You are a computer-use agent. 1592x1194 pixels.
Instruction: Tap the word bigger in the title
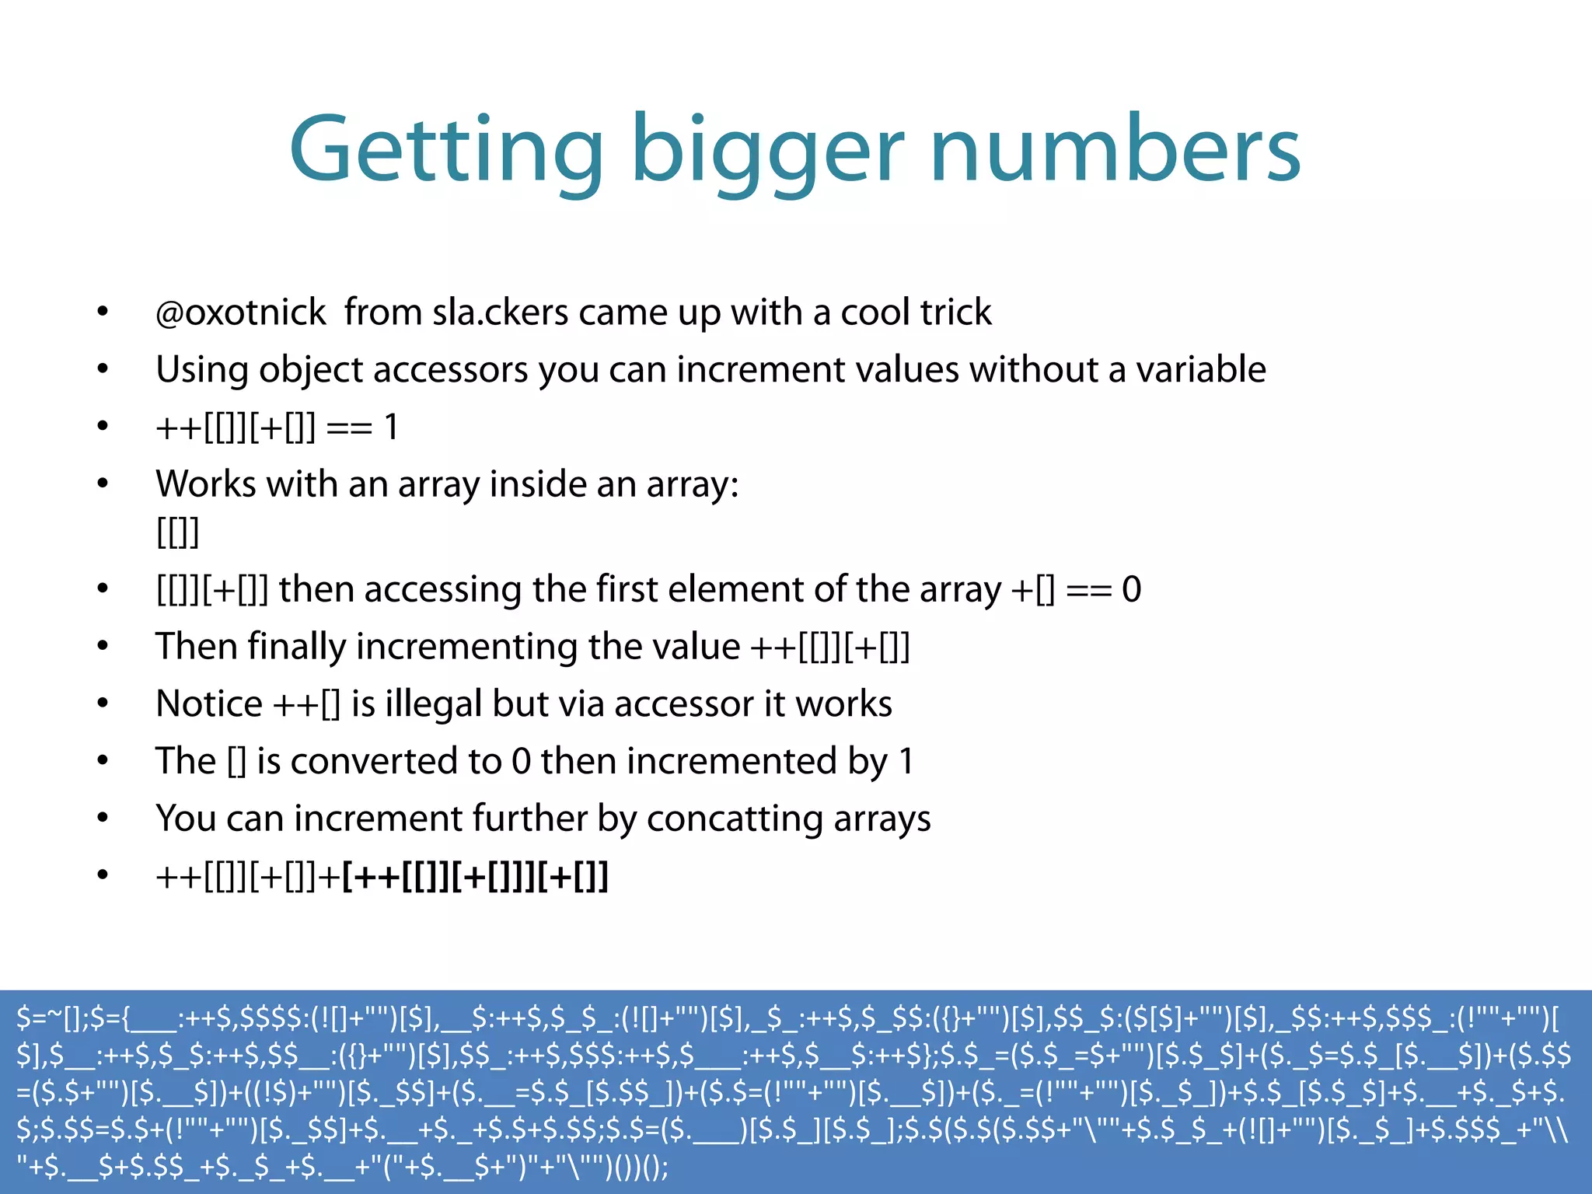pyautogui.click(x=768, y=150)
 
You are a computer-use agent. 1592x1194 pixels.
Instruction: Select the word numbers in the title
pyautogui.click(x=1115, y=150)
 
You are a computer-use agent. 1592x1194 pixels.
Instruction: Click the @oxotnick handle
pyautogui.click(x=240, y=312)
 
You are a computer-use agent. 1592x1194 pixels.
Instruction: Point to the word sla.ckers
pyautogui.click(x=501, y=312)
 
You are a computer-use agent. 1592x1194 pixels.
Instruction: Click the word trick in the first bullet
pyautogui.click(x=955, y=312)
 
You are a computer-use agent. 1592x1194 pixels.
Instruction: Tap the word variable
pyautogui.click(x=1201, y=369)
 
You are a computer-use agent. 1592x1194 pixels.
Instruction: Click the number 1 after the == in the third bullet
pyautogui.click(x=391, y=427)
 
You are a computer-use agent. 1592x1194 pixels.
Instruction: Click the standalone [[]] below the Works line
pyautogui.click(x=178, y=532)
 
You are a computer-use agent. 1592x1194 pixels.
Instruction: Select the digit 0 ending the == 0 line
pyautogui.click(x=1131, y=589)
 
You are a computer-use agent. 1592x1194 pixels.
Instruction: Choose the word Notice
pyautogui.click(x=208, y=703)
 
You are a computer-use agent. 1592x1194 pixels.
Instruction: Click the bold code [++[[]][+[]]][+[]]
pyautogui.click(x=475, y=877)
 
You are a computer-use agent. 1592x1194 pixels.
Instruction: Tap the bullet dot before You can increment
pyautogui.click(x=103, y=818)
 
